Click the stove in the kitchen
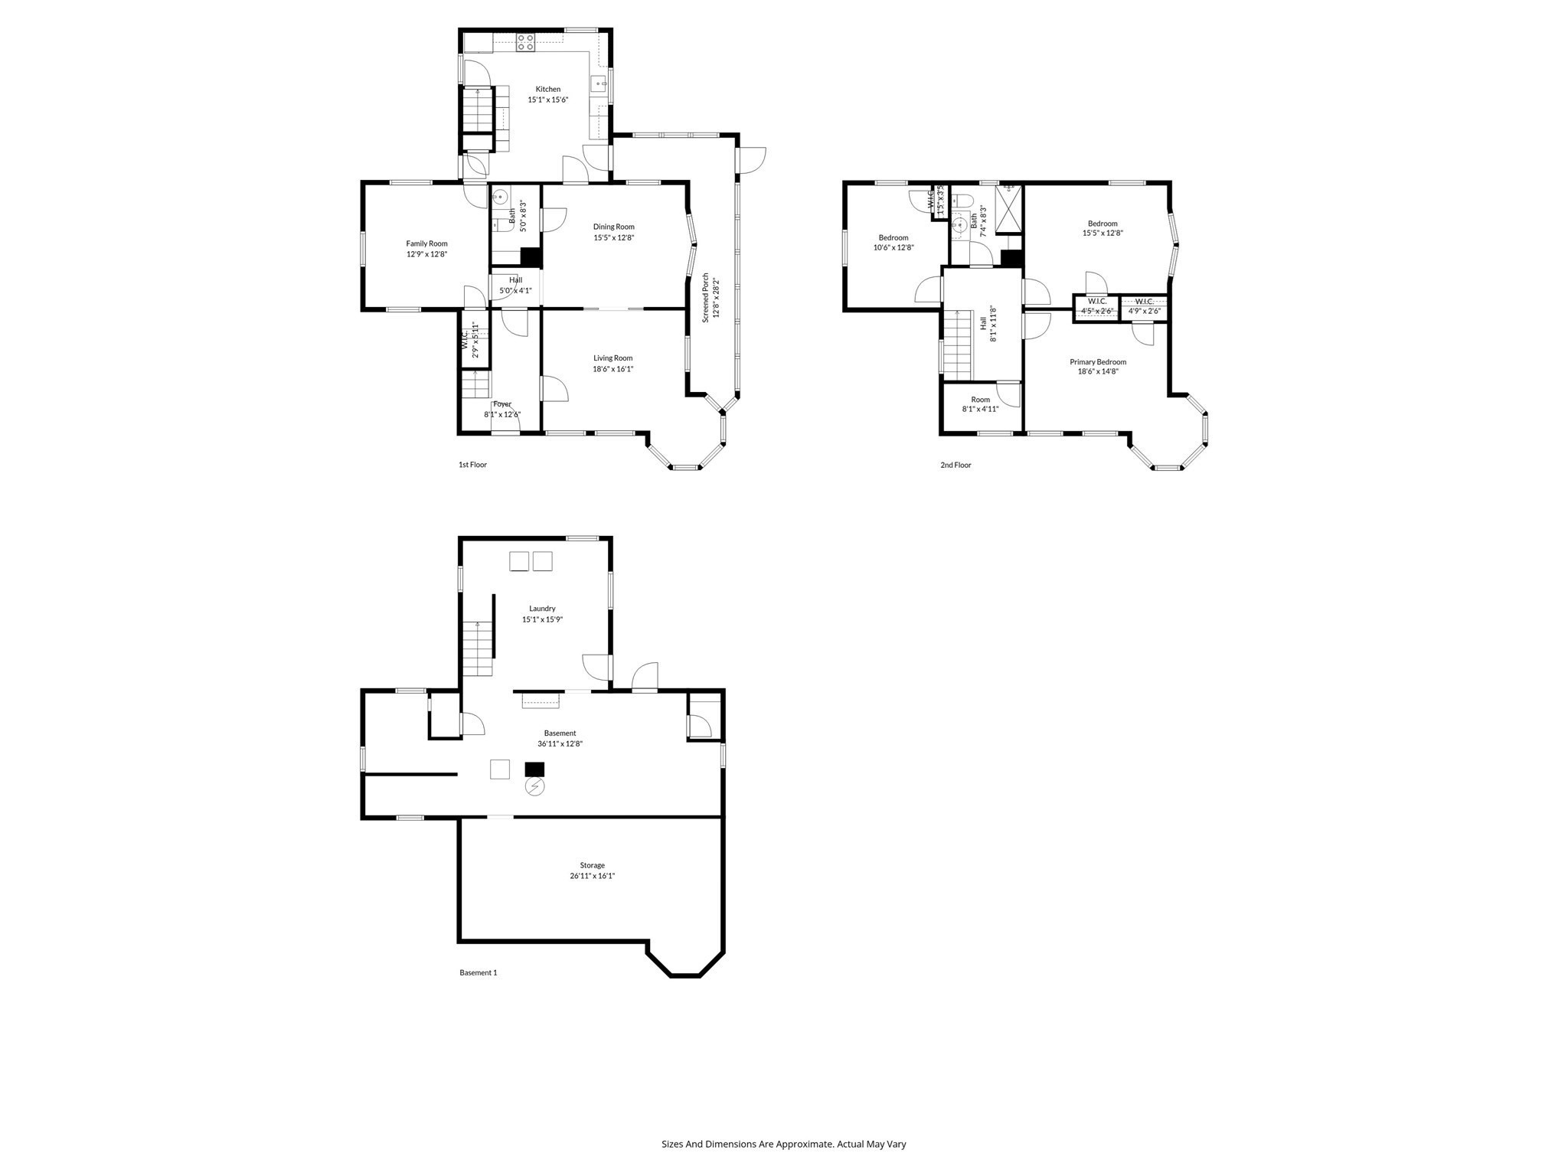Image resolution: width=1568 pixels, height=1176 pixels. point(525,42)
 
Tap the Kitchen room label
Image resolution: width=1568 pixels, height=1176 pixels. point(547,90)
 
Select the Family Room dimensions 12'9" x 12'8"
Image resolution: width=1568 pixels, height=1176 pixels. point(426,254)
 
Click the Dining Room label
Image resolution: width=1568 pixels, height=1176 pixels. point(613,227)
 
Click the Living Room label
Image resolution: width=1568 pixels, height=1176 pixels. point(612,358)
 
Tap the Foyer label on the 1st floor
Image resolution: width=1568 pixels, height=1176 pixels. point(502,404)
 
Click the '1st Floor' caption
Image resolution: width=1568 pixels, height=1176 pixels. point(472,465)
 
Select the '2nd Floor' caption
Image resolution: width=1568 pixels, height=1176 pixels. point(955,465)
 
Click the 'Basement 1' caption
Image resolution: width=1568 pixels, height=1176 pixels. point(478,973)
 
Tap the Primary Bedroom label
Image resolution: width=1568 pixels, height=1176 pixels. point(1098,362)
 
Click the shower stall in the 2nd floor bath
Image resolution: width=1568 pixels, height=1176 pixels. point(1008,208)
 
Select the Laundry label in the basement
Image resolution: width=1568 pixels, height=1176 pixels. point(542,609)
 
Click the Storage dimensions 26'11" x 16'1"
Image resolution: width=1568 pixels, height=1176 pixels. point(592,876)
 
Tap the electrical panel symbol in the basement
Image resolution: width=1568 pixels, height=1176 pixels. point(534,787)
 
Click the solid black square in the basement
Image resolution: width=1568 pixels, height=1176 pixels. point(534,769)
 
